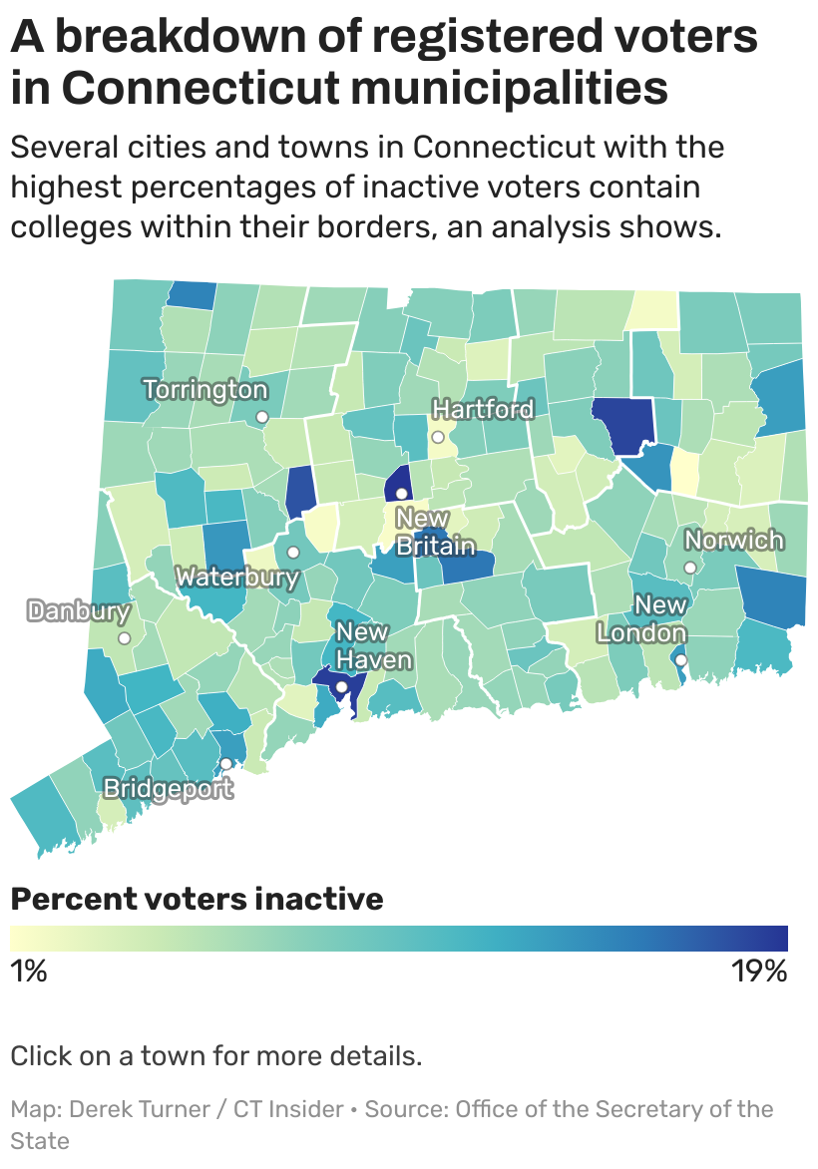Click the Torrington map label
pyautogui.click(x=205, y=390)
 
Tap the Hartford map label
pyautogui.click(x=483, y=410)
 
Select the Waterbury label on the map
pyautogui.click(x=237, y=578)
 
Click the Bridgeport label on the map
pyautogui.click(x=169, y=789)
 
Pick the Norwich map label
pyautogui.click(x=733, y=541)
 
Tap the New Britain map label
pyautogui.click(x=435, y=533)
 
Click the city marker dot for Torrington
pyautogui.click(x=261, y=416)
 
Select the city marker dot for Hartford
pyautogui.click(x=437, y=437)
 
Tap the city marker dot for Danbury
pyautogui.click(x=124, y=638)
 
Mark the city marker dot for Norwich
pyautogui.click(x=688, y=567)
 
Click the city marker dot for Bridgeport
pyautogui.click(x=225, y=763)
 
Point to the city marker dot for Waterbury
pyautogui.click(x=293, y=553)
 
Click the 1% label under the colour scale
pyautogui.click(x=28, y=972)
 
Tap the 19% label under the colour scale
pyautogui.click(x=759, y=972)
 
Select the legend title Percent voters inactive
pyautogui.click(x=197, y=899)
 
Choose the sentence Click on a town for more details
pyautogui.click(x=215, y=1056)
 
